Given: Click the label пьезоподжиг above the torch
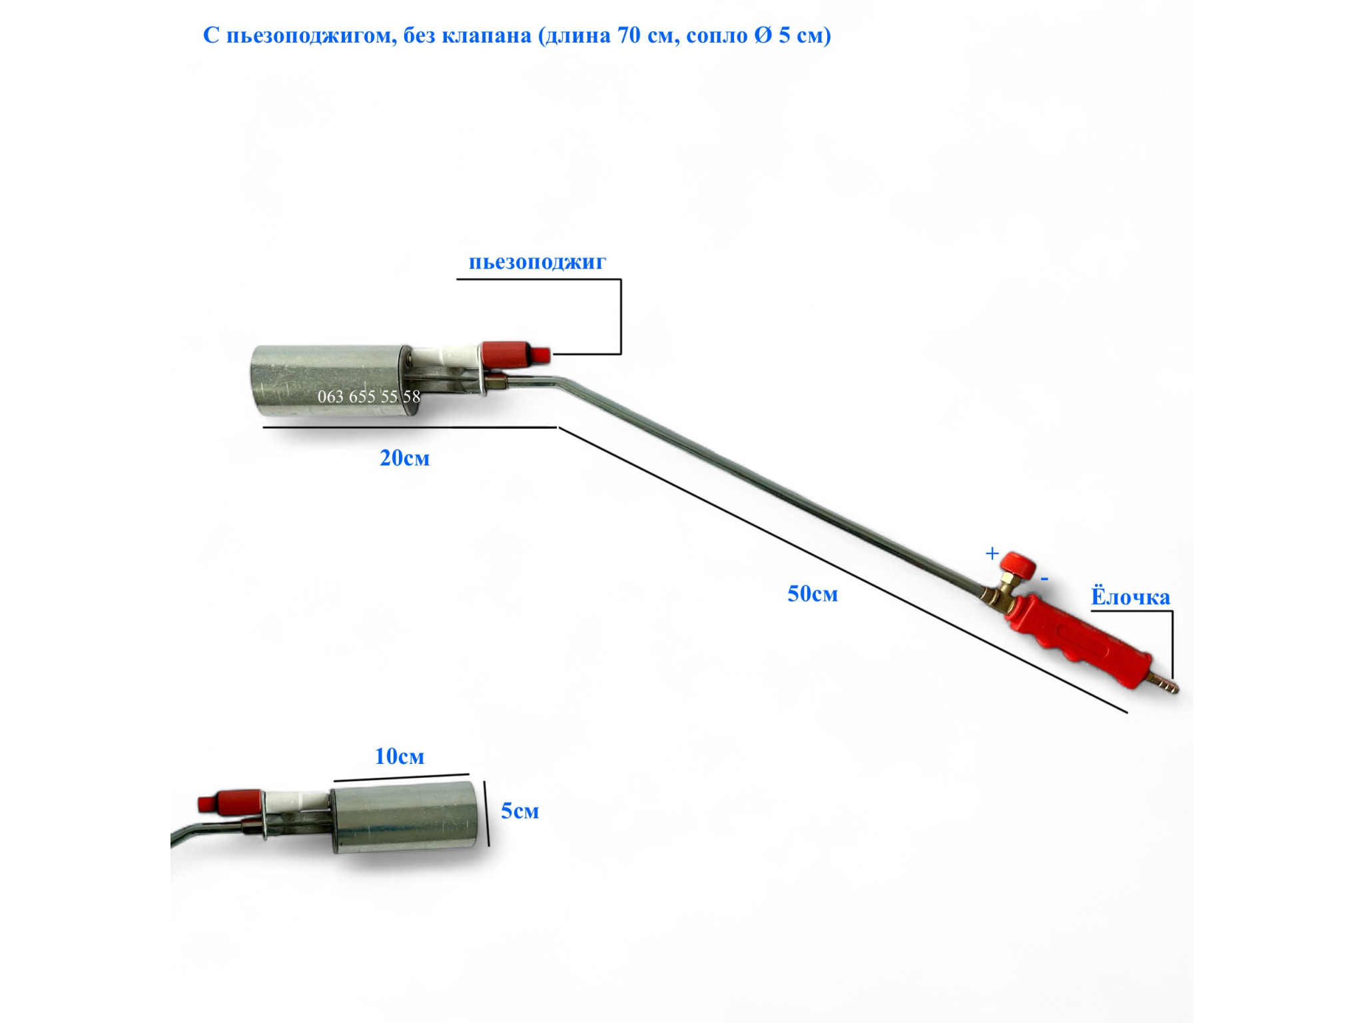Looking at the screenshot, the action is [537, 262].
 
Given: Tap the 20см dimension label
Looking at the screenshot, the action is [404, 458].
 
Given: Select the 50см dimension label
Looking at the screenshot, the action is [813, 593].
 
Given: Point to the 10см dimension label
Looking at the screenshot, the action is [399, 757].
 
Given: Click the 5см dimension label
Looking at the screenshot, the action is [519, 811].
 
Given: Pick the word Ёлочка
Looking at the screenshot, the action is [1130, 597].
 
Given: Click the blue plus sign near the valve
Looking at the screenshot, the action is [992, 553].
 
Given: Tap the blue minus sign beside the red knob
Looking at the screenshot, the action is [1045, 579].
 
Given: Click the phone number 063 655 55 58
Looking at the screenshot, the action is [368, 397].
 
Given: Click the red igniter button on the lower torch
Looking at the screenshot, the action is [230, 801].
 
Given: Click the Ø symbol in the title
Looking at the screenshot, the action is [763, 35].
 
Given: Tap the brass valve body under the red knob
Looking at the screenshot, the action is [997, 593].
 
